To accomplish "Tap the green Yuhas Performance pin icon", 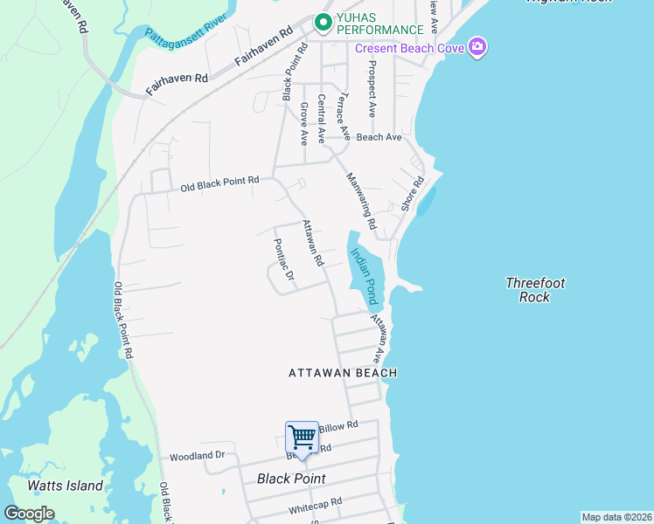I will click(x=324, y=21).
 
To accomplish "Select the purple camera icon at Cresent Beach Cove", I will click(x=477, y=47).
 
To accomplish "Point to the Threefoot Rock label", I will click(x=535, y=290).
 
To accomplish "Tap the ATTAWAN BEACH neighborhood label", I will click(x=343, y=373).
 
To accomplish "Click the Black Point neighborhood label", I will click(x=291, y=479).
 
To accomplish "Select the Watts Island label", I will click(x=65, y=486).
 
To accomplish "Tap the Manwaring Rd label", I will click(x=360, y=200).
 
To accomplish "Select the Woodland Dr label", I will click(x=197, y=456).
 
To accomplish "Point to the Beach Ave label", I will click(x=379, y=137).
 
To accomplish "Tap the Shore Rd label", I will click(x=412, y=194).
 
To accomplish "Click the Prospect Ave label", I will click(x=372, y=88).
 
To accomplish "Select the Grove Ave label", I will click(x=304, y=123).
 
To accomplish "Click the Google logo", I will click(x=29, y=514).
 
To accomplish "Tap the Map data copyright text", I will click(x=616, y=517).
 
